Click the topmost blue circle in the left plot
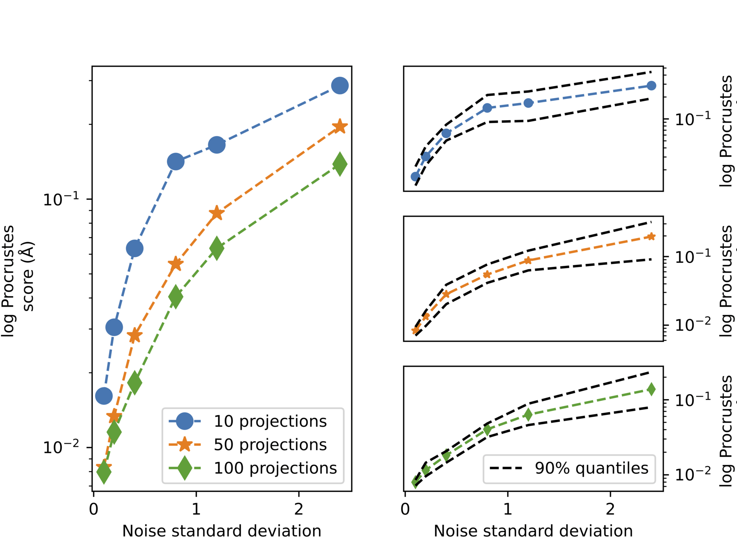[339, 86]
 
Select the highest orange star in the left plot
[339, 126]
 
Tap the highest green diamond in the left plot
[339, 164]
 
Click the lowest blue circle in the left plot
[104, 396]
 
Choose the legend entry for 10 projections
[270, 422]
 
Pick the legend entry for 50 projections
[270, 445]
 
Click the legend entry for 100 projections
[275, 468]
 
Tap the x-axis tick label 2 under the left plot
[299, 509]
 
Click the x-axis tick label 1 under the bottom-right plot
[508, 509]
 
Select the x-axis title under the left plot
[222, 531]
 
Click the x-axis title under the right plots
[533, 531]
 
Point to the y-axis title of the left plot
[18, 281]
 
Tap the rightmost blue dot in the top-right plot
[651, 86]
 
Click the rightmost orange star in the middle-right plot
[651, 236]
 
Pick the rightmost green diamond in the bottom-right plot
[651, 389]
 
